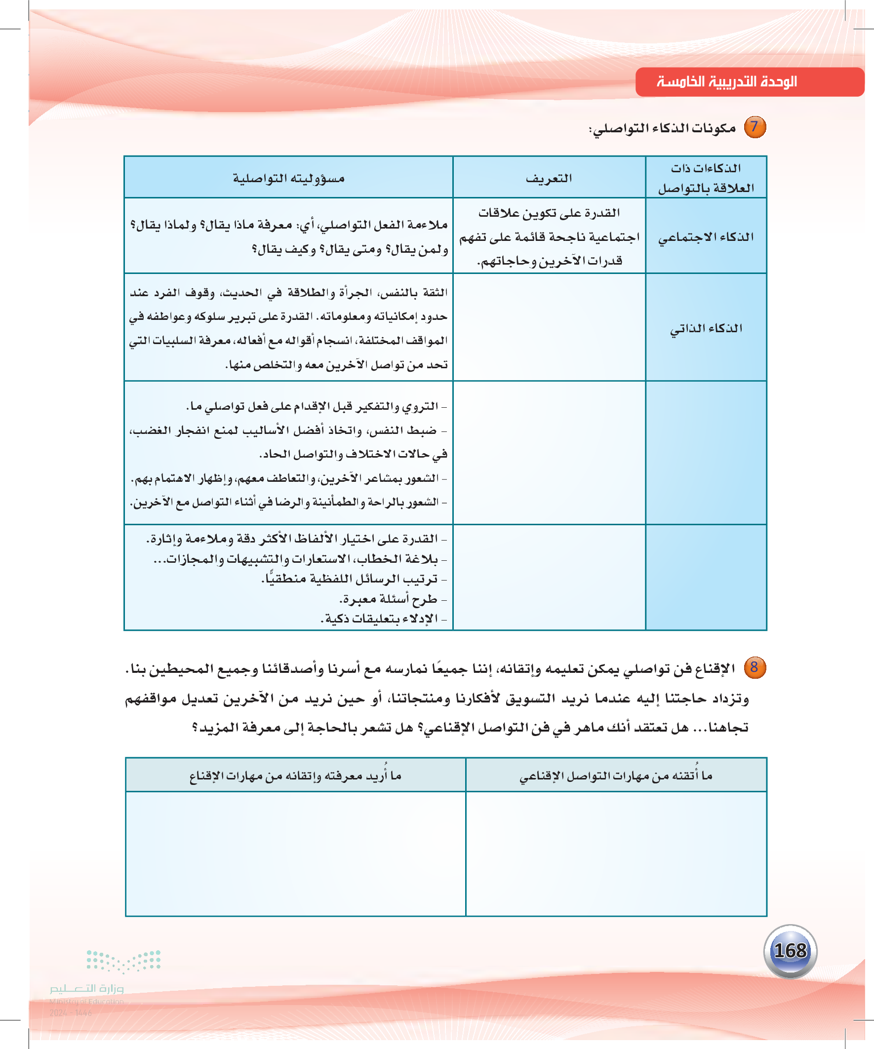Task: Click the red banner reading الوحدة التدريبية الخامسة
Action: point(749,81)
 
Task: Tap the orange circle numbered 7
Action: point(755,127)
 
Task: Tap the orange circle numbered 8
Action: point(754,667)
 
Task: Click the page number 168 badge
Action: point(790,951)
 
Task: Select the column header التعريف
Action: point(549,178)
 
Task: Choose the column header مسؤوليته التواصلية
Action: point(288,178)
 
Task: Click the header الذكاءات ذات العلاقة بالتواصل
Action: point(706,178)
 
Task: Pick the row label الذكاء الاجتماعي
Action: point(706,237)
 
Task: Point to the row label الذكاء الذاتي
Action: point(706,328)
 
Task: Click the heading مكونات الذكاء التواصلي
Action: point(662,128)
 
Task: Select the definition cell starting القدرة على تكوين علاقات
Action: point(549,237)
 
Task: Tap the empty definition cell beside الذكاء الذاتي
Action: point(549,327)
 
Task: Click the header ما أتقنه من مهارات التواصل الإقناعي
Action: point(616,775)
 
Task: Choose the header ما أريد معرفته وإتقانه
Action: point(295,775)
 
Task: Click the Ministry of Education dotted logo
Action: point(123,960)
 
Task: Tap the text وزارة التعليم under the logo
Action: point(86,988)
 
